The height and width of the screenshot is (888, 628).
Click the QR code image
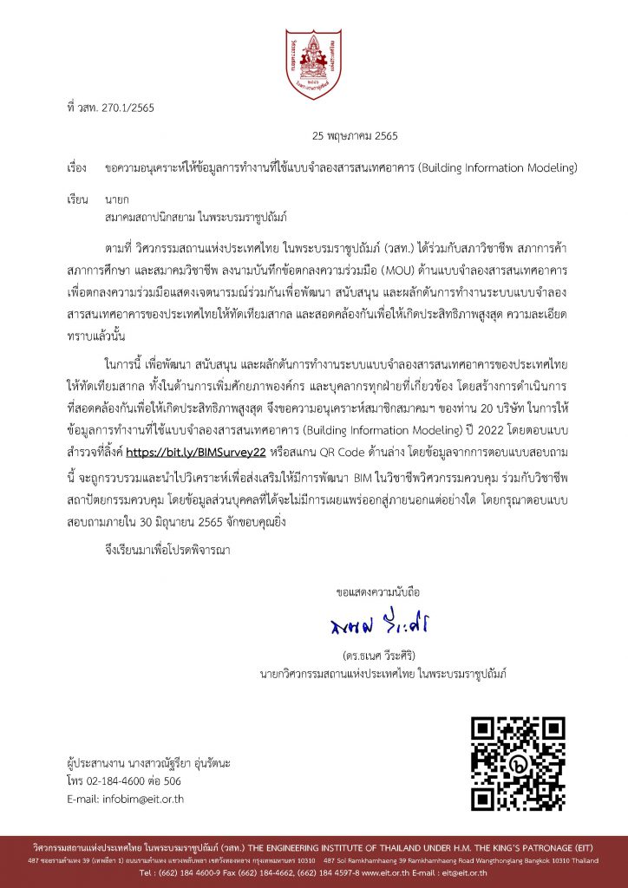pyautogui.click(x=517, y=762)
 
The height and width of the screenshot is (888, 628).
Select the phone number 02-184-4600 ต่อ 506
pyautogui.click(x=134, y=780)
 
